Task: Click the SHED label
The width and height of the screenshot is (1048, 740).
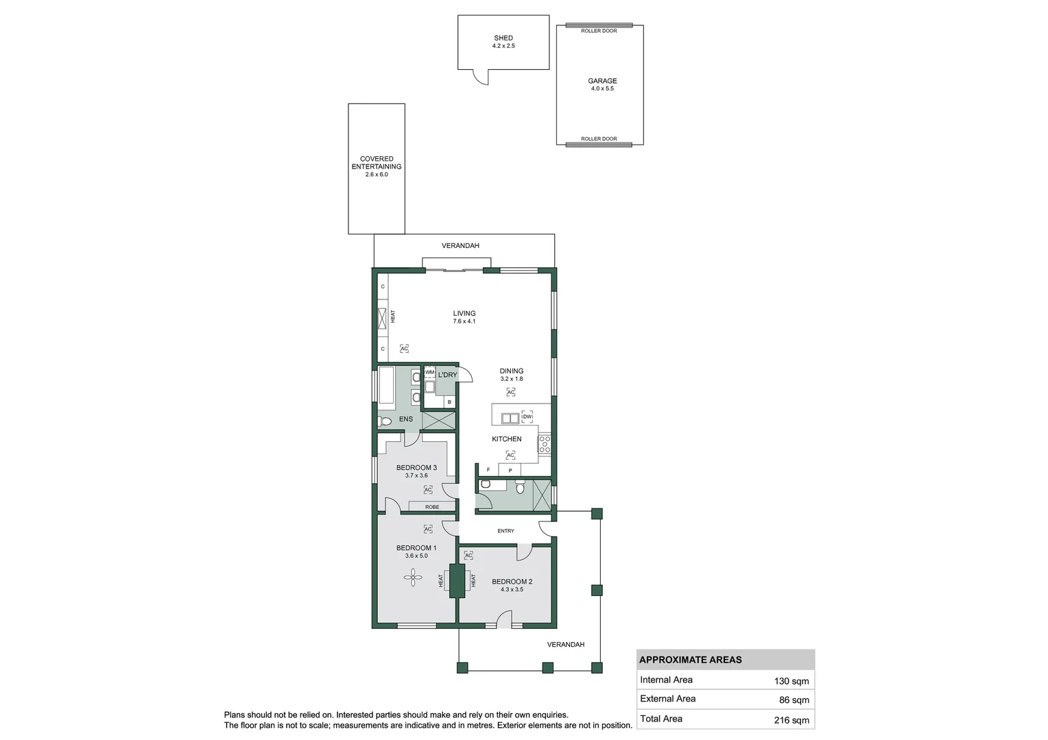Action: click(503, 38)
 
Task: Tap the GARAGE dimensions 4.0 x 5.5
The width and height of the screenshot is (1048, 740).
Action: click(602, 89)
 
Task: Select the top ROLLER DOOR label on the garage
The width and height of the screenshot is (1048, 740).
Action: click(599, 31)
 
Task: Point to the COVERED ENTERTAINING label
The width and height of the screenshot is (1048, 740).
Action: click(377, 163)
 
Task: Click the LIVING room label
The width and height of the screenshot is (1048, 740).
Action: click(464, 313)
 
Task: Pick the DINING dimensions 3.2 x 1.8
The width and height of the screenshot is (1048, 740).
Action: click(511, 379)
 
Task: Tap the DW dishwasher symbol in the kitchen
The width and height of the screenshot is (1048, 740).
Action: click(527, 417)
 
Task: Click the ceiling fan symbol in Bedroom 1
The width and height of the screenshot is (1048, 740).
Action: click(413, 580)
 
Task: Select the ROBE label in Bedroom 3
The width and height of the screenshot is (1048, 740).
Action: click(431, 507)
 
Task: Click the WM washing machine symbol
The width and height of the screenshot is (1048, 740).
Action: click(429, 372)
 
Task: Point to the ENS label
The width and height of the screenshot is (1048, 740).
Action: click(406, 419)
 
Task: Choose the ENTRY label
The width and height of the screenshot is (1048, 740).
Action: click(505, 531)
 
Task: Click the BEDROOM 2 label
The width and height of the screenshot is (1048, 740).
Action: click(512, 582)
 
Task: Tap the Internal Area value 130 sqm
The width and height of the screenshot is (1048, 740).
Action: click(791, 681)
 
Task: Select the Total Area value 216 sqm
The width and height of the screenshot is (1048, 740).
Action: click(791, 720)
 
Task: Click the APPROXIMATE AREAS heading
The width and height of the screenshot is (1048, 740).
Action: click(690, 660)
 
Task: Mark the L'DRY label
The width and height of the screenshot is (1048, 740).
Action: click(447, 375)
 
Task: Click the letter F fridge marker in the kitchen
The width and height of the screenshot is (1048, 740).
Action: click(488, 470)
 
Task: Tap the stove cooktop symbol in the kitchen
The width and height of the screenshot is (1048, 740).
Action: click(544, 444)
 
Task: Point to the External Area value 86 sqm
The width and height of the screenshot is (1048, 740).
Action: click(794, 700)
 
